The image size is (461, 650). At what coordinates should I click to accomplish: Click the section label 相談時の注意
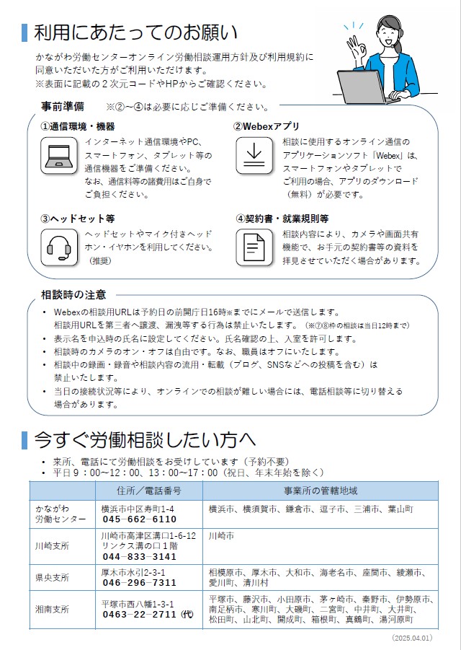coord(73,294)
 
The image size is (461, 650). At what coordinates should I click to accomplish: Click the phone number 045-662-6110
coord(140,519)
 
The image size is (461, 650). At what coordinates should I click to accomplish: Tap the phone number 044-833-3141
coord(140,557)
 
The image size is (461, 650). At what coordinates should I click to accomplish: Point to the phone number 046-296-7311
coord(140,583)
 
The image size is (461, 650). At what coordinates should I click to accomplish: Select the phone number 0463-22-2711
coord(144,614)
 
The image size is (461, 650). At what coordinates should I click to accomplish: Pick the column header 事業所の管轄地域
coord(321,491)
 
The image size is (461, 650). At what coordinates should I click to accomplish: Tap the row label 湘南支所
coord(53,609)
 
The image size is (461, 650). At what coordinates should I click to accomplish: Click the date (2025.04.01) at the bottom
coord(412,638)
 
